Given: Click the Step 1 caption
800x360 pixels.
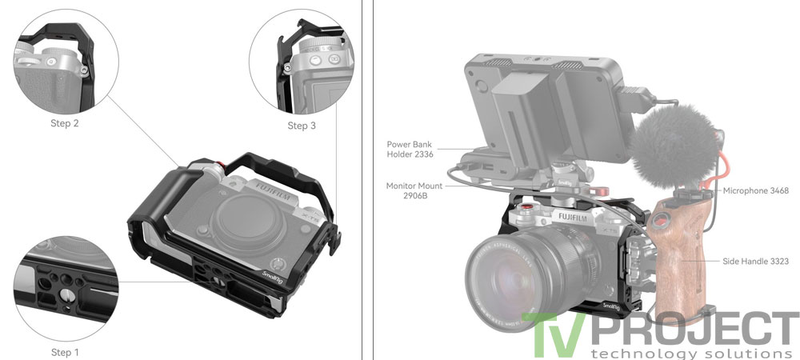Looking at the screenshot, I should click(66, 352).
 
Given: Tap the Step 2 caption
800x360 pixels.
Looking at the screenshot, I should click(65, 123).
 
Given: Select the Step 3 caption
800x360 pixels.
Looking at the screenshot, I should click(302, 126).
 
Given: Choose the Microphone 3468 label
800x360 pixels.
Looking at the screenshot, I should click(756, 190).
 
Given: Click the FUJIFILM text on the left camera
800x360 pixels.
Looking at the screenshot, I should click(272, 191).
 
